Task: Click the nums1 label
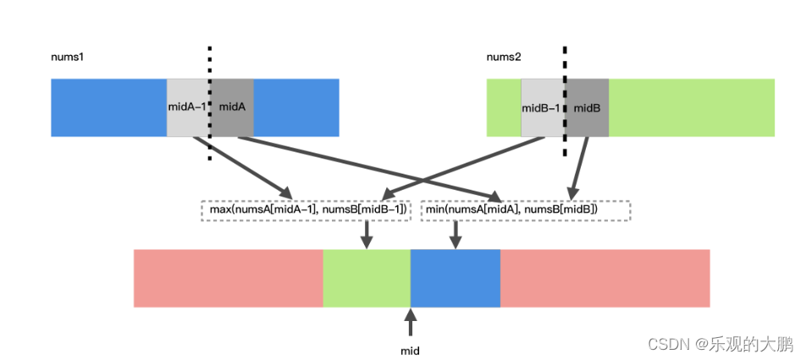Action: pyautogui.click(x=67, y=57)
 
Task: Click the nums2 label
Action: pyautogui.click(x=504, y=57)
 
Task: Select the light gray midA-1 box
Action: pyautogui.click(x=187, y=108)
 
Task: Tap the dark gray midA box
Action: pyautogui.click(x=232, y=108)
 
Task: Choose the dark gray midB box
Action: pyautogui.click(x=588, y=108)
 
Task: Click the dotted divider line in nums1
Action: pyautogui.click(x=209, y=64)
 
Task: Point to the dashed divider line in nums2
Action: pyautogui.click(x=565, y=64)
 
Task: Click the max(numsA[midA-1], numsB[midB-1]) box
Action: pyautogui.click(x=306, y=210)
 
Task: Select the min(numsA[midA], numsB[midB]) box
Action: pyautogui.click(x=526, y=210)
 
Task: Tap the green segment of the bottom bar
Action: pyautogui.click(x=367, y=279)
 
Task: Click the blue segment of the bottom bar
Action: pyautogui.click(x=455, y=279)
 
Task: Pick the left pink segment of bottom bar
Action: pyautogui.click(x=228, y=279)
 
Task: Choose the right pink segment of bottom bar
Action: pyautogui.click(x=604, y=279)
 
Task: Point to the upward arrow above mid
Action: pyautogui.click(x=411, y=323)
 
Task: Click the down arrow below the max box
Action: pyautogui.click(x=367, y=235)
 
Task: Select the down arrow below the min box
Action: pyautogui.click(x=455, y=235)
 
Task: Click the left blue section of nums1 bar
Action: pyautogui.click(x=108, y=108)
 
